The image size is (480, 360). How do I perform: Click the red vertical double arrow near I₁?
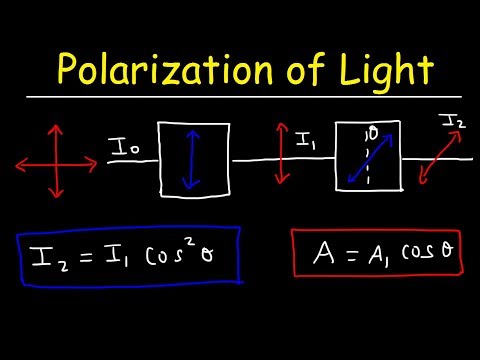[x=283, y=155]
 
